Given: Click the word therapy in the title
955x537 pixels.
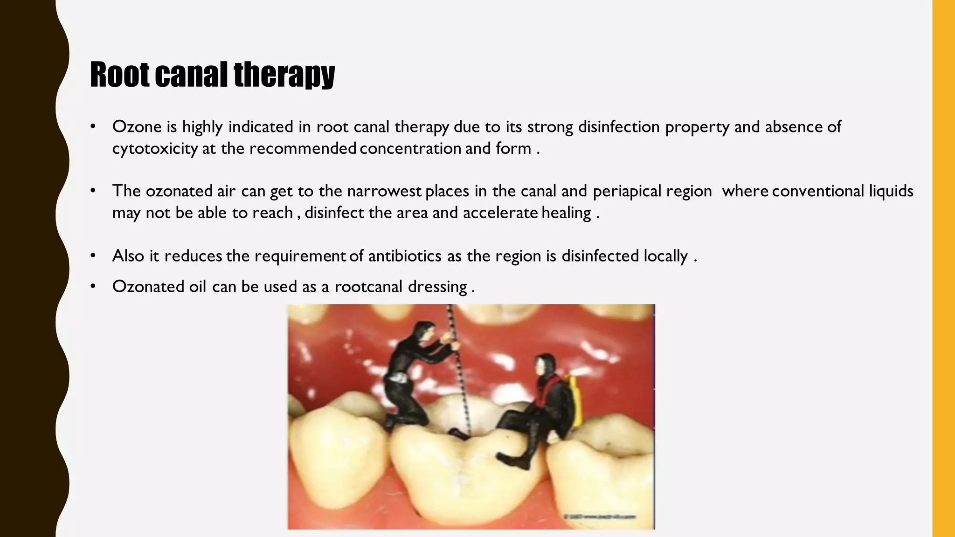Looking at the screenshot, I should click(284, 75).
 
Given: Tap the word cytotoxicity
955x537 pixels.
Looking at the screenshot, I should click(155, 149).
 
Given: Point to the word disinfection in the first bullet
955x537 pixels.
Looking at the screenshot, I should click(619, 127).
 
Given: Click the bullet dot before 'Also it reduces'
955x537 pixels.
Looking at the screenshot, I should click(93, 256).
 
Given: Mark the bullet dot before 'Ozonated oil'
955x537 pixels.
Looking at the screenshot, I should click(93, 286).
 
